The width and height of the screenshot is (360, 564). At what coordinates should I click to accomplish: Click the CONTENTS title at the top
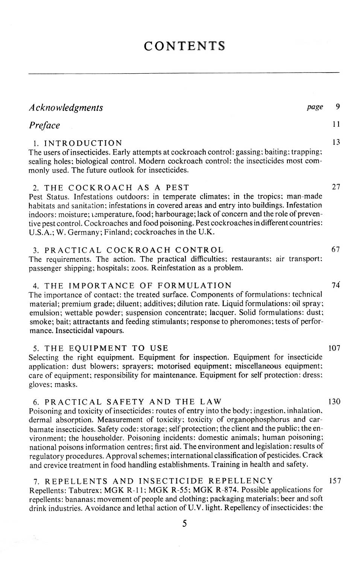click(184, 46)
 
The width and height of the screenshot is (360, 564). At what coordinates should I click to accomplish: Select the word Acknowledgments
click(66, 108)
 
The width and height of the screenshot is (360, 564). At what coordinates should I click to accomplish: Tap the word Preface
click(44, 125)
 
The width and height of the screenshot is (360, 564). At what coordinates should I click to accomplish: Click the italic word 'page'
click(314, 107)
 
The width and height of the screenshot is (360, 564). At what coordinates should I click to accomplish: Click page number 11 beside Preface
click(337, 124)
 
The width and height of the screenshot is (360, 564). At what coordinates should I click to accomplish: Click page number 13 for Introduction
click(336, 142)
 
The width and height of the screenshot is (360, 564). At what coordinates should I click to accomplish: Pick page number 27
click(336, 186)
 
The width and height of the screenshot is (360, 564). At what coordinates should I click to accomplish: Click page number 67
click(336, 249)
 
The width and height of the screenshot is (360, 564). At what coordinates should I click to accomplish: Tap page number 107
click(335, 348)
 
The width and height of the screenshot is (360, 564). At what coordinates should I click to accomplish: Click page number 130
click(335, 401)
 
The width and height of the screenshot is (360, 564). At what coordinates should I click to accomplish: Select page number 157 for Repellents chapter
click(335, 481)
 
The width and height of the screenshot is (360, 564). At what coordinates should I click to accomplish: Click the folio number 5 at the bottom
click(184, 523)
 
